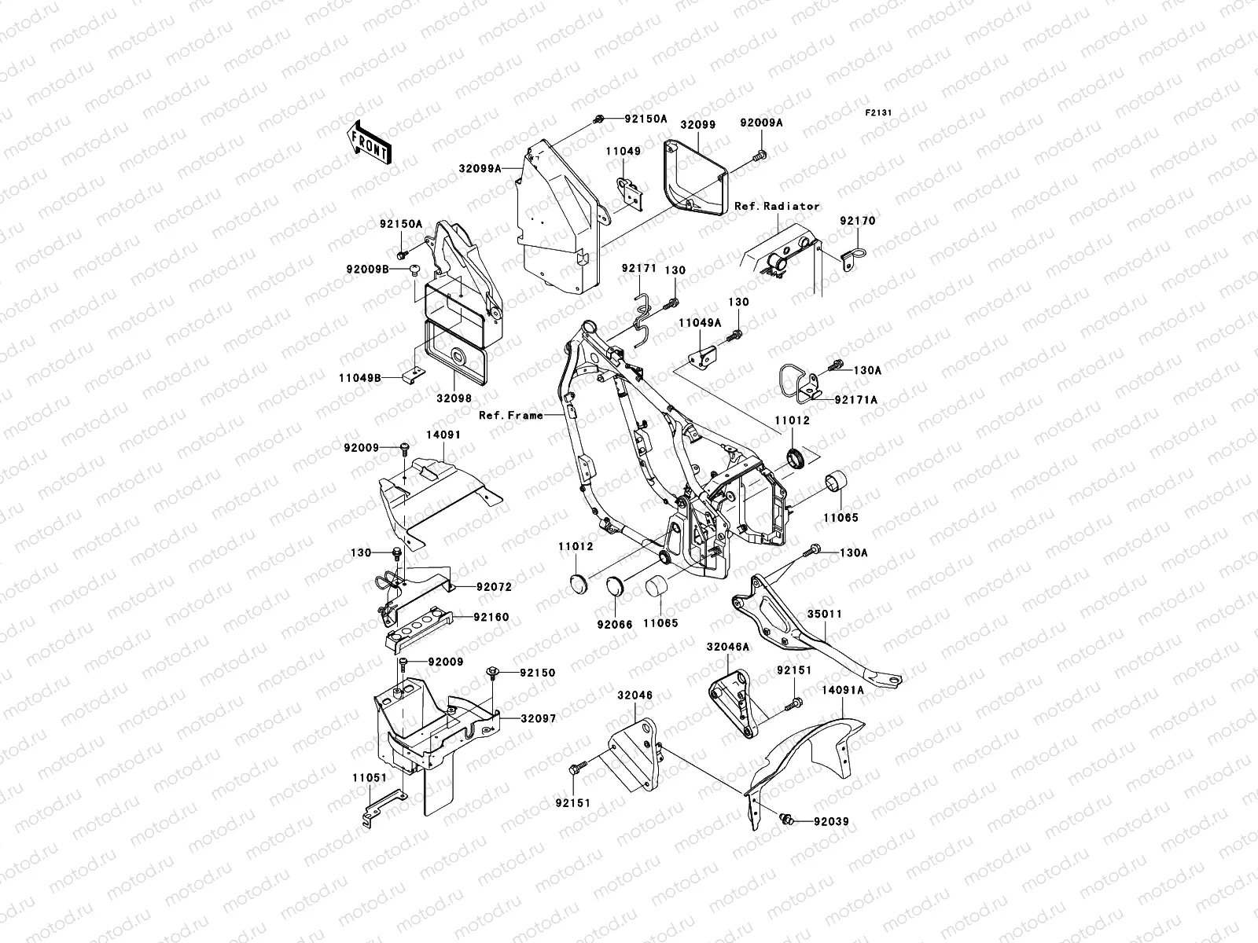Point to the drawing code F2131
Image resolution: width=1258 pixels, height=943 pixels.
pos(879,113)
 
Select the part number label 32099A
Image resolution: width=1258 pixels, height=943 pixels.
pos(480,167)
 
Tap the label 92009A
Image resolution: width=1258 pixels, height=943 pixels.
pos(760,123)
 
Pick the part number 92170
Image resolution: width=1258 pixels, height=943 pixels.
pos(856,222)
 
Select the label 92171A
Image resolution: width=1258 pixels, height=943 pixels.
pos(855,400)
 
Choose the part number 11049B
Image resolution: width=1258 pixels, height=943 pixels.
pos(360,378)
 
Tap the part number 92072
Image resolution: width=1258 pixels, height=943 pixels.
pos(492,587)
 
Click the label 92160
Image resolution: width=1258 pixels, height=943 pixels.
pos(491,617)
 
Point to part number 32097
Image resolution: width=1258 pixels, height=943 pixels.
pos(537,719)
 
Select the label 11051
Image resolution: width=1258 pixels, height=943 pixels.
pos(370,777)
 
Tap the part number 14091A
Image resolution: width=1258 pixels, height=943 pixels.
pos(843,690)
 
